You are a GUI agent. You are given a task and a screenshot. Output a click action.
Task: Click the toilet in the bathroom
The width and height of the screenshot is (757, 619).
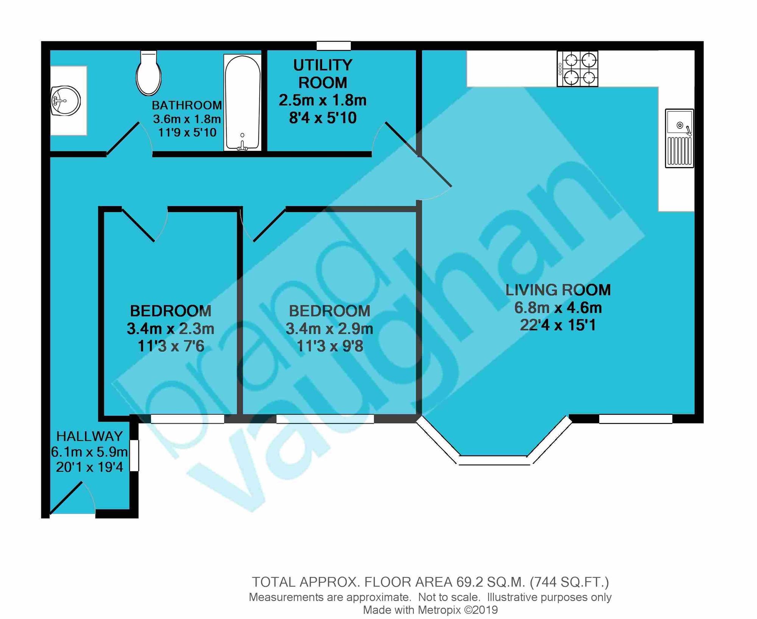point(149,73)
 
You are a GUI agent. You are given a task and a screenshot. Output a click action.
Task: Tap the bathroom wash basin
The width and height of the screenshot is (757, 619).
point(65,100)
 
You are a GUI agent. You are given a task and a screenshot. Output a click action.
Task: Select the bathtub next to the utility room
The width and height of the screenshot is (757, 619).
point(242,103)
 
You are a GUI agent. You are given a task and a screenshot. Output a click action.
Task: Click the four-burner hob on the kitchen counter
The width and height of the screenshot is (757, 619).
point(578,69)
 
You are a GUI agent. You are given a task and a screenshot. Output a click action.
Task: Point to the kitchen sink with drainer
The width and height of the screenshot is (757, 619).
point(679,138)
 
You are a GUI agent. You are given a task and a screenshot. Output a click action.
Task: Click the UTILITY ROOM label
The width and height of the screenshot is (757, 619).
point(323,74)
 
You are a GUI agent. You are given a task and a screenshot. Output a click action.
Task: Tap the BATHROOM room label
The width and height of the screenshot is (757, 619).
point(187,105)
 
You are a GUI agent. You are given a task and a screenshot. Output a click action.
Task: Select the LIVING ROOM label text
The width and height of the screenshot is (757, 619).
point(558,290)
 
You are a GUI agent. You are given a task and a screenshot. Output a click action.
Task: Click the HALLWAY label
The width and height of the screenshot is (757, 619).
point(89,436)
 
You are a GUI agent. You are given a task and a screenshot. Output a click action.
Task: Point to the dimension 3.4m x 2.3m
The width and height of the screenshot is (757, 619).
point(170,328)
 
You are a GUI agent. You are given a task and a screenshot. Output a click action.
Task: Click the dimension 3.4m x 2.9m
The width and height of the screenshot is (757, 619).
point(329,328)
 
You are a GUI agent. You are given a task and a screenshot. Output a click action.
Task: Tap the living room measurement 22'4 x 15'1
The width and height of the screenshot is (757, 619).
point(558,325)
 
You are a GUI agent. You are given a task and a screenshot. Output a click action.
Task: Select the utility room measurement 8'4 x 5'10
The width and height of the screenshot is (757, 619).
point(323,118)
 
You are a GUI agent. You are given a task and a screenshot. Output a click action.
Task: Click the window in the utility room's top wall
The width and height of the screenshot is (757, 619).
point(334,46)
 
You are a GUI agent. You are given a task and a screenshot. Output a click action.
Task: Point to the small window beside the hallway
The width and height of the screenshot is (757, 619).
point(134,455)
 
